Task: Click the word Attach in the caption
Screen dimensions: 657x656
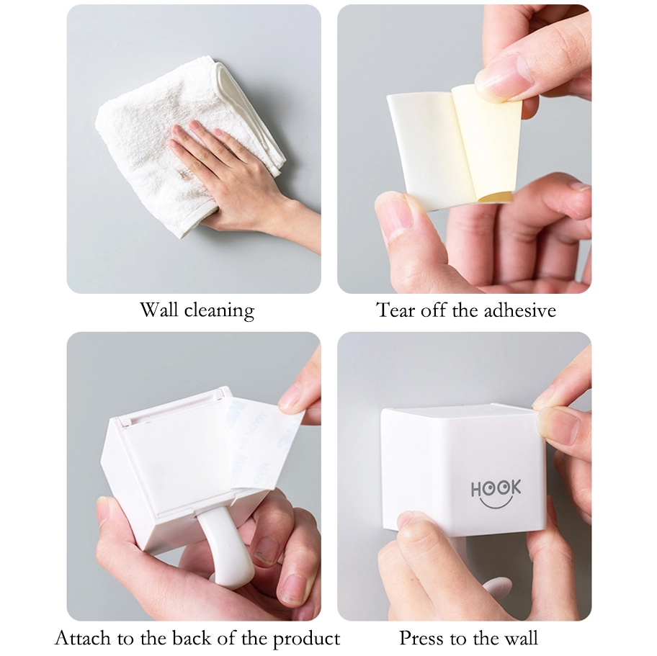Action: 82,638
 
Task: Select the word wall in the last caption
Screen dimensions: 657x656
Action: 521,638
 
